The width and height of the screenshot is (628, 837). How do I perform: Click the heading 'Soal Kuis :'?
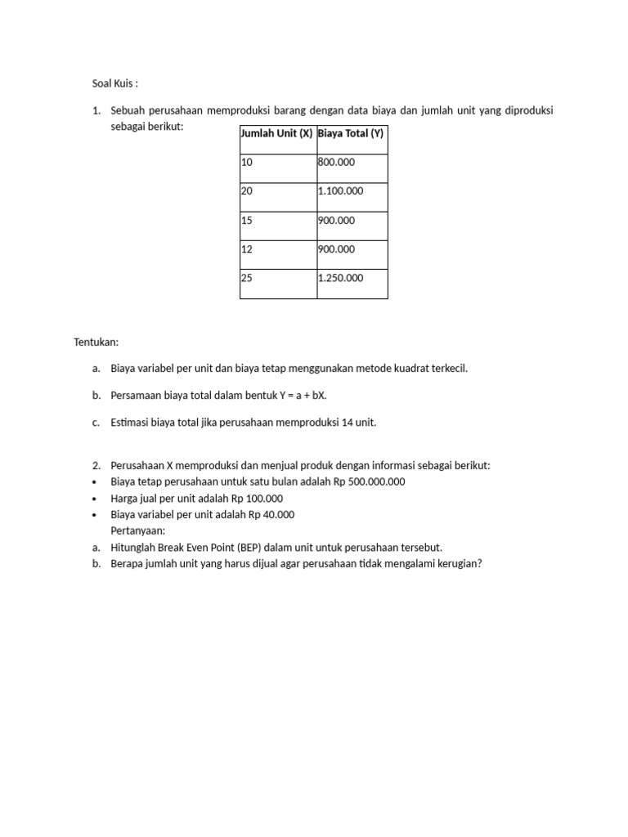point(115,83)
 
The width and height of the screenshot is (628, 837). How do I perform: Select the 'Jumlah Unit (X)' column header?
point(276,133)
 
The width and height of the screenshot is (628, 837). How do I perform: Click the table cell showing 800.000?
point(336,163)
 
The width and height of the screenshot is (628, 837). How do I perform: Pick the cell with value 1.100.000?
point(340,190)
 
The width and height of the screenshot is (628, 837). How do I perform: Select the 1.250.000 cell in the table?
point(340,278)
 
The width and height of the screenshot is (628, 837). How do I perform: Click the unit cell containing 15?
point(247,220)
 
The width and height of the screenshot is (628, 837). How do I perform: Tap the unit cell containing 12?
point(247,249)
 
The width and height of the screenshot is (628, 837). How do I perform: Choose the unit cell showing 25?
point(247,278)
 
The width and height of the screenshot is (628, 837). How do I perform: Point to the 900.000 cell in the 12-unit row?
point(336,249)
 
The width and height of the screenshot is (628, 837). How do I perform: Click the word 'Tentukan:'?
point(96,342)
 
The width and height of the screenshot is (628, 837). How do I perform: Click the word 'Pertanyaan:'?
point(137,530)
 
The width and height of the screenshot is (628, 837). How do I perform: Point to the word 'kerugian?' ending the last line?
point(460,563)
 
